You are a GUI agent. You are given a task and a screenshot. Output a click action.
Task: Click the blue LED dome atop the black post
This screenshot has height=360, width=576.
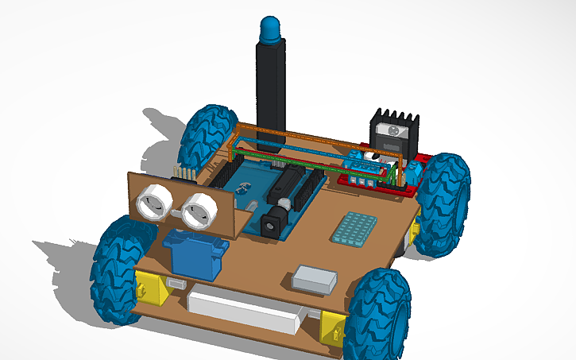(270, 29)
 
